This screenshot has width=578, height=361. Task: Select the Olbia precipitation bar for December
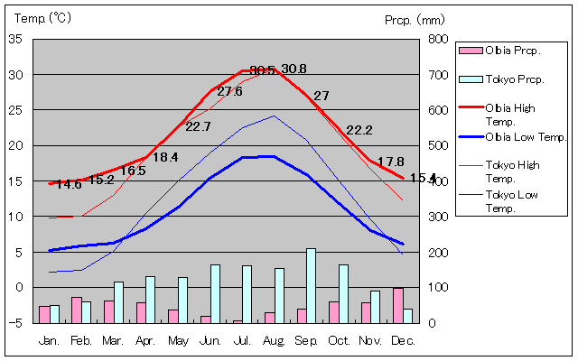pos(397,305)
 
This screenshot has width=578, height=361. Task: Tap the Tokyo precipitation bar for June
pos(215,293)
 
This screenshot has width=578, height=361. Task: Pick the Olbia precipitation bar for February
pos(77,310)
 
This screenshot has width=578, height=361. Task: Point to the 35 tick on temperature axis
pos(16,39)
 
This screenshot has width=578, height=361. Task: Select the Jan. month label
pos(49,339)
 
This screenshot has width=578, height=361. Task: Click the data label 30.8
pos(294,69)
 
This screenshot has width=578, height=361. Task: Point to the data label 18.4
pos(164,157)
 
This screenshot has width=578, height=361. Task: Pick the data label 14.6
pos(69,185)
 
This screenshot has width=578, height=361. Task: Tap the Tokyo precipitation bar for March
pos(118,302)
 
